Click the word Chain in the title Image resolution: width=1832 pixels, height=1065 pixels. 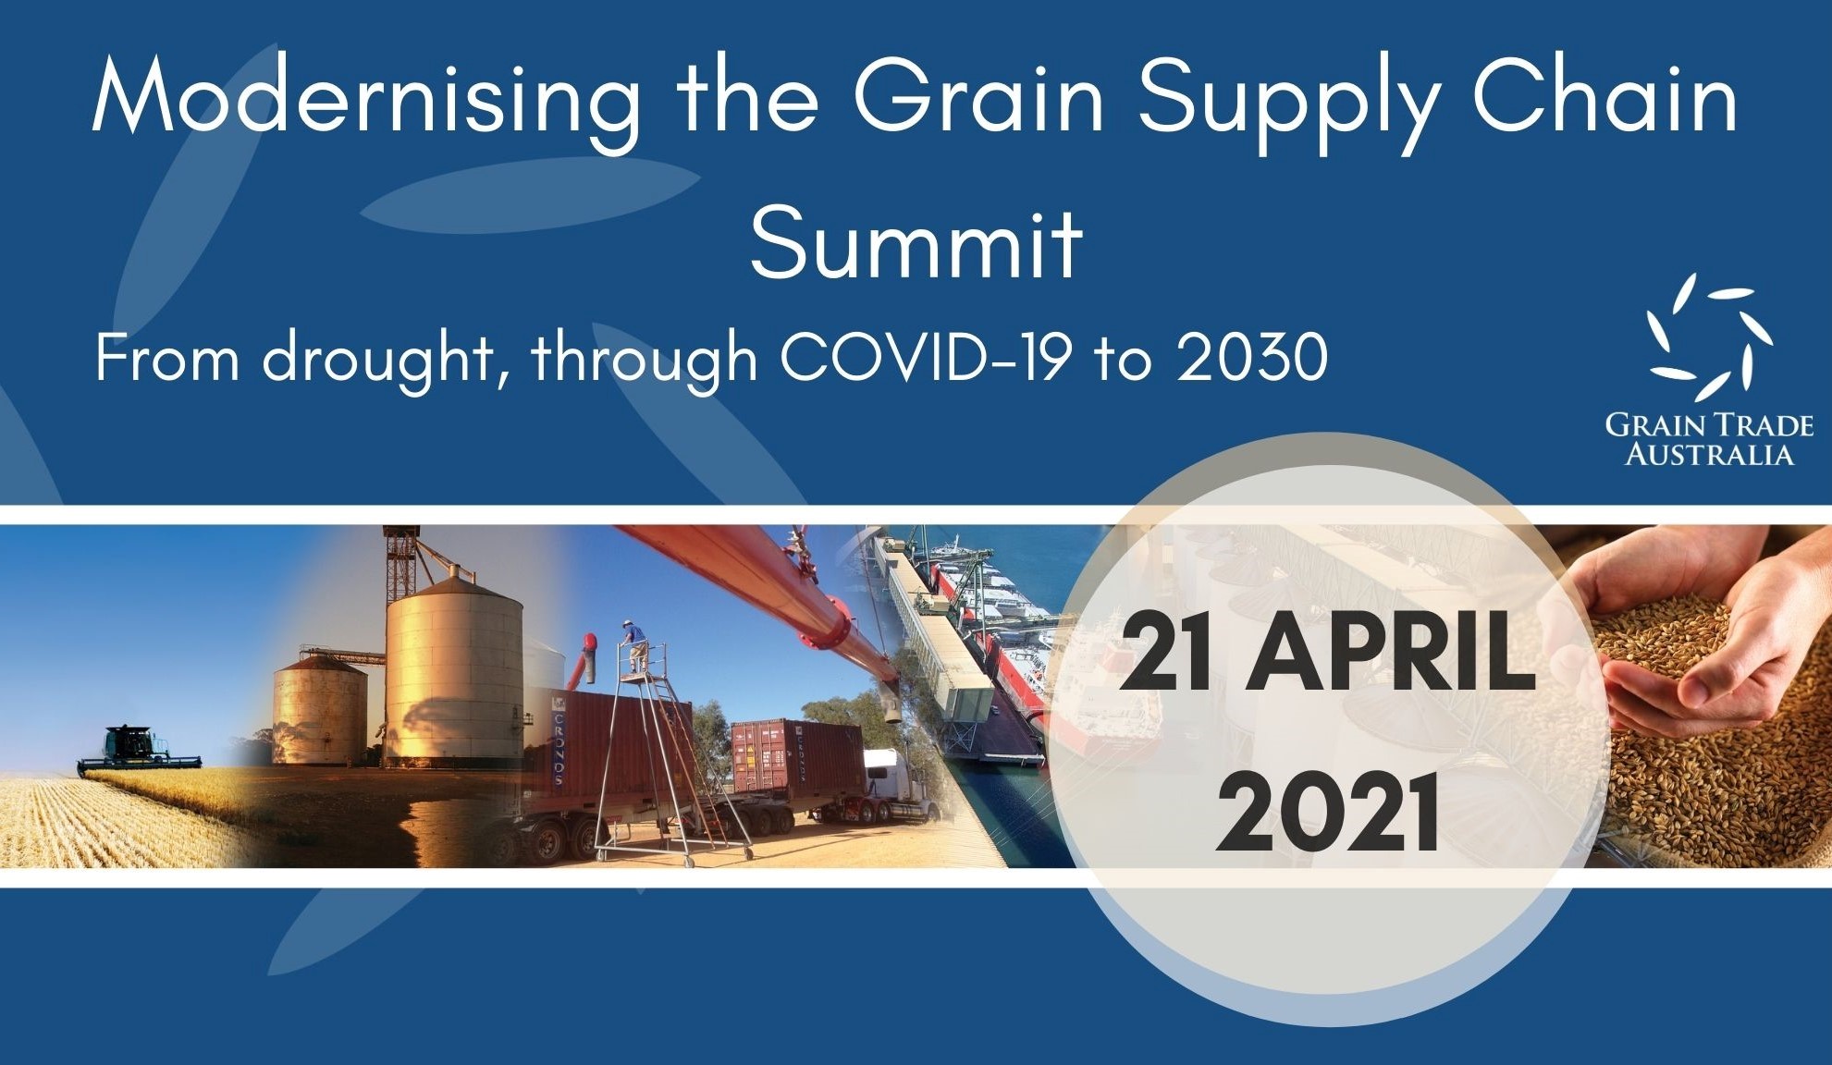coord(1605,96)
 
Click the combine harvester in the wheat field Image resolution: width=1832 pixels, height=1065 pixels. coord(139,749)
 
